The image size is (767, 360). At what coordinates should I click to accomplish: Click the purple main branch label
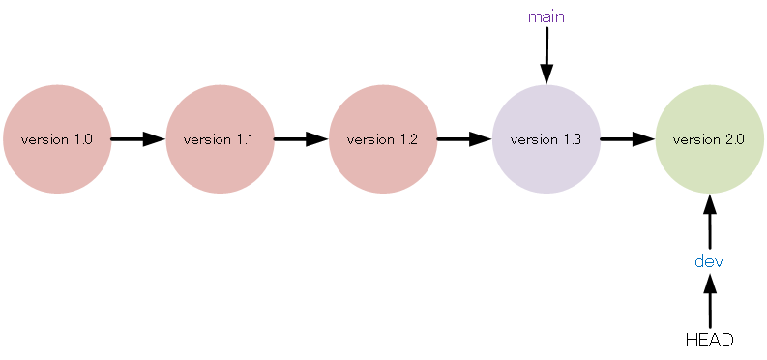(546, 16)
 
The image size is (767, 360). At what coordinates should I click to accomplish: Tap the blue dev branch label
(709, 261)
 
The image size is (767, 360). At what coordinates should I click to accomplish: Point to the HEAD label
(709, 340)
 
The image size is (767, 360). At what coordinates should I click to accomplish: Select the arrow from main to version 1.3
(546, 53)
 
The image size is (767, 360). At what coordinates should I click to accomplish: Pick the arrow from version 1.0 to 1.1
(137, 139)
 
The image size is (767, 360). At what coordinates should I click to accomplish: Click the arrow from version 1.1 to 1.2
(301, 139)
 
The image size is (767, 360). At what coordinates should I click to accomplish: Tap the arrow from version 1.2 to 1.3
(464, 139)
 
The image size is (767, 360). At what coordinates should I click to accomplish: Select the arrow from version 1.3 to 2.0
(627, 139)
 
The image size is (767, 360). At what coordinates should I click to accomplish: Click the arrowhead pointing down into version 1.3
(546, 75)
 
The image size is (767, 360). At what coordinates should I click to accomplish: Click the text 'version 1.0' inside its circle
(57, 139)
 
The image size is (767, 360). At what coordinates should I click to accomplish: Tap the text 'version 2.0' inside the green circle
(709, 139)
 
